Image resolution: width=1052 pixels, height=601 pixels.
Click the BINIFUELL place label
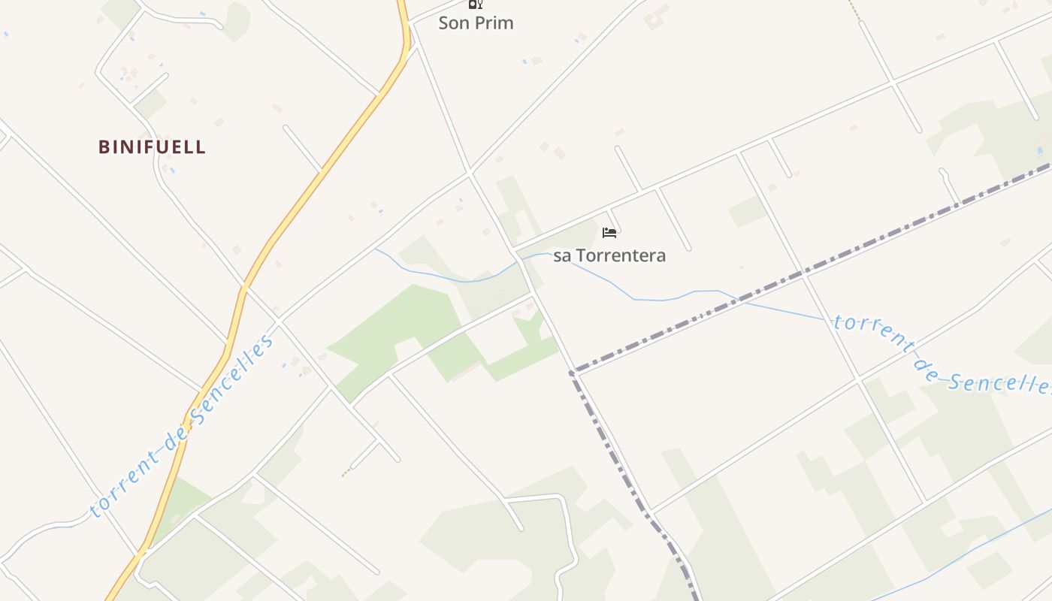[x=152, y=146]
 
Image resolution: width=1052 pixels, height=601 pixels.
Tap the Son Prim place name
[x=476, y=23]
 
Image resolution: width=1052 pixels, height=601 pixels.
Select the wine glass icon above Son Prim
[x=475, y=4]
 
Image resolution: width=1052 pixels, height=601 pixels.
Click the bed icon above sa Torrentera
[x=609, y=233]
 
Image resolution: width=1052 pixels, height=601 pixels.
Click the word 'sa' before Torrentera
[x=562, y=255]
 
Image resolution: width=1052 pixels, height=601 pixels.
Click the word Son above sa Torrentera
[x=453, y=23]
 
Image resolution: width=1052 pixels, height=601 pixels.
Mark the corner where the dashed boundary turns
[x=573, y=372]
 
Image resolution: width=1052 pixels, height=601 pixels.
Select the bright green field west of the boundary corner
[x=391, y=323]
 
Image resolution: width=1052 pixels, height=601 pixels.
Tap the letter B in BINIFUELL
[x=104, y=146]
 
